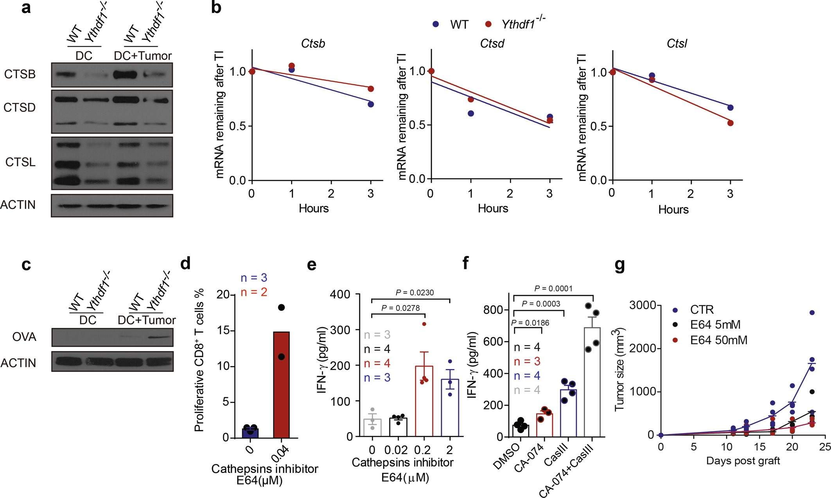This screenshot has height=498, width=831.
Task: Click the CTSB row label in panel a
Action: pos(20,74)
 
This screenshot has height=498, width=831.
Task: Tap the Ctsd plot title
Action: pos(492,43)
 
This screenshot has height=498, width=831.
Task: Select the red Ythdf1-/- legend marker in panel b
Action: pos(488,24)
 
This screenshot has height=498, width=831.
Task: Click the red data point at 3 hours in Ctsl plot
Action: pos(730,123)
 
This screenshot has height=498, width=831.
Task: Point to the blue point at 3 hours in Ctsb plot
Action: pos(371,104)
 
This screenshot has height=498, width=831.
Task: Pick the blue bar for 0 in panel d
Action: pos(250,433)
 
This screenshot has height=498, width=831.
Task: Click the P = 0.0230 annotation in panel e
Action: pos(415,292)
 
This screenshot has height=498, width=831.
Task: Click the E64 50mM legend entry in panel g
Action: pos(718,340)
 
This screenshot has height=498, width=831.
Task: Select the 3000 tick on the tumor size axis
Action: pos(642,305)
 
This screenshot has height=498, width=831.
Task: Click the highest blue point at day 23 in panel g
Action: pos(812,313)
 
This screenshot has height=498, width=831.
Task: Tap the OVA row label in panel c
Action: pos(24,337)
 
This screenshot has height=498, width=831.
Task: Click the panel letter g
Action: pos(620,265)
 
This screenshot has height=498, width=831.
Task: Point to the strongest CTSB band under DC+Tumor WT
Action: pos(125,74)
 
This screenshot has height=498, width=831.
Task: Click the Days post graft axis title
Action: pos(743,461)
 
